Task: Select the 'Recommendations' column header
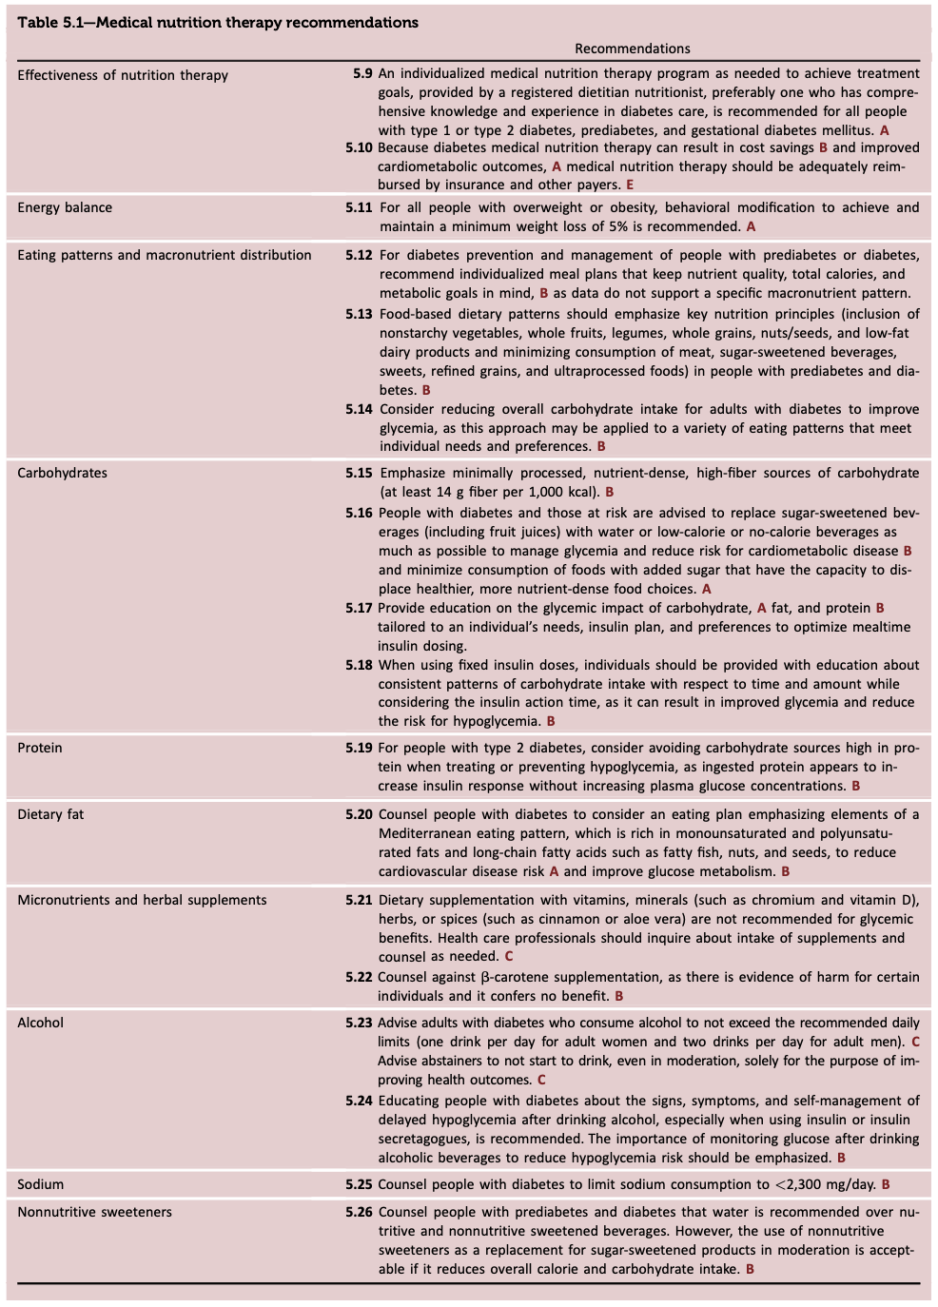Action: (632, 49)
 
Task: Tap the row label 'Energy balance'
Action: (65, 207)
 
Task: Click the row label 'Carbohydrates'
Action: (63, 473)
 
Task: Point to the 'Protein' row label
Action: (40, 748)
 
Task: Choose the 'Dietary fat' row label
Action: (50, 814)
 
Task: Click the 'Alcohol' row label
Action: (41, 1023)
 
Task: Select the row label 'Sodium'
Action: (41, 1184)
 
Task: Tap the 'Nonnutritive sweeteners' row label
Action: (95, 1212)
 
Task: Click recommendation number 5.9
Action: (362, 73)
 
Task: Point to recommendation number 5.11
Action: (359, 207)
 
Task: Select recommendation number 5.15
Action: (359, 473)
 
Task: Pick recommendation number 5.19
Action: (359, 748)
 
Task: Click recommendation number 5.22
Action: (359, 977)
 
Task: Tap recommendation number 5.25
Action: (359, 1184)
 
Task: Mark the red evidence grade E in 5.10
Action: (630, 185)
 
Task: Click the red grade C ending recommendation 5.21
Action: (509, 956)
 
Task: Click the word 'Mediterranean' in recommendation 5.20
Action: (422, 833)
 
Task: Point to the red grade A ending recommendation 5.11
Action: (751, 226)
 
